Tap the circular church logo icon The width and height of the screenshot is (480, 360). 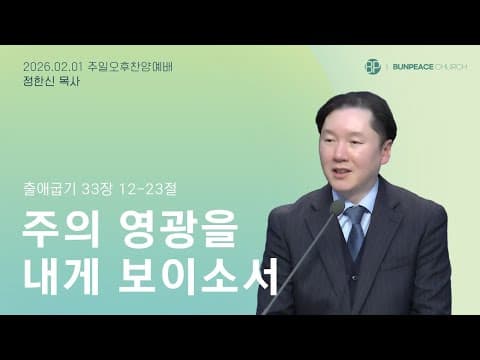[373, 66]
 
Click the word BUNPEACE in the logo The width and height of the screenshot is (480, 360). [412, 66]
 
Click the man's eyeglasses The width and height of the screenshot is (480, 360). [351, 144]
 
